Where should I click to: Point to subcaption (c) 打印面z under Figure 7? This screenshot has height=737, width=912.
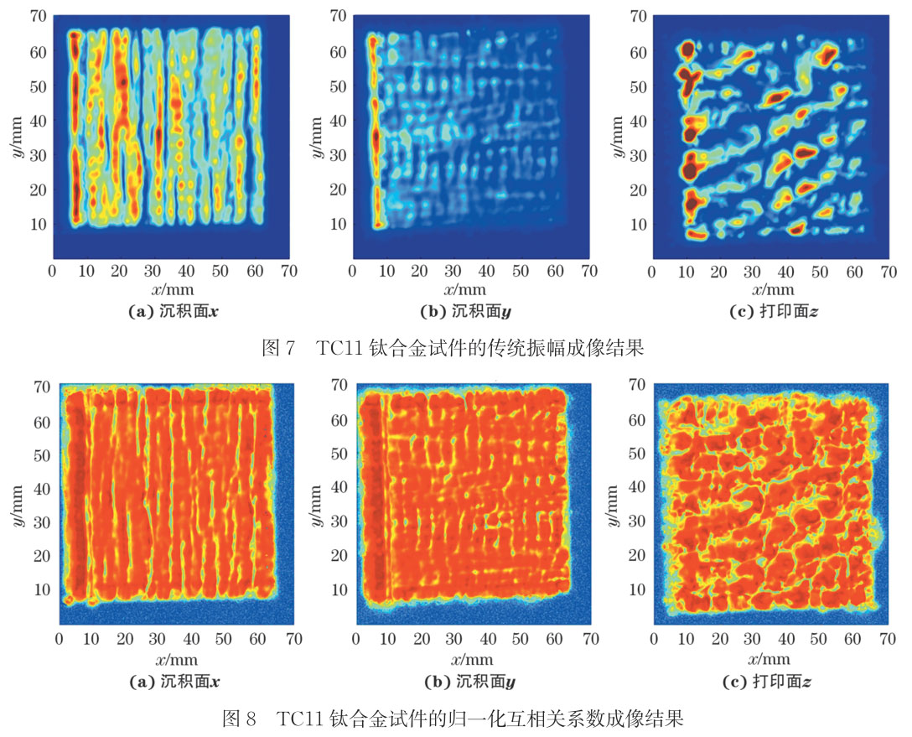(769, 311)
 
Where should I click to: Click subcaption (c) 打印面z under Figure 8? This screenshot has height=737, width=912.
(769, 682)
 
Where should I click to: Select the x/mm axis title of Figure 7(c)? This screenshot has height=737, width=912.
(769, 291)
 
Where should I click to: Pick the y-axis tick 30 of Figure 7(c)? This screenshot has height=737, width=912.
(639, 155)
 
